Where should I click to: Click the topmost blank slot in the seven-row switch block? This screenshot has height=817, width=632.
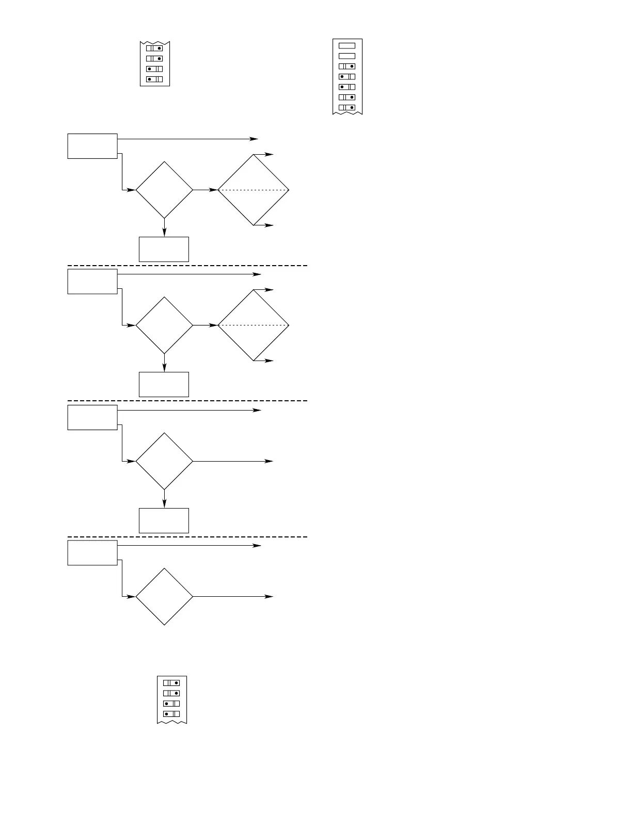click(x=346, y=45)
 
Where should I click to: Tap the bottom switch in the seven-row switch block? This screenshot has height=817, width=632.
click(x=346, y=107)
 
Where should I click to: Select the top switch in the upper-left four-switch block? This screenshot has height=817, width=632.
click(x=154, y=48)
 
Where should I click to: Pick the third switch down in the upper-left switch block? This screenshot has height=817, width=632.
click(x=154, y=69)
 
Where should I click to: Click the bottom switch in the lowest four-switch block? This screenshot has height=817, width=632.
click(x=171, y=714)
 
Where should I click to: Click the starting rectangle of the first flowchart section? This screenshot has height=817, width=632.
click(x=92, y=146)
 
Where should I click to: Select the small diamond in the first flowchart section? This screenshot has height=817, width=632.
click(x=164, y=190)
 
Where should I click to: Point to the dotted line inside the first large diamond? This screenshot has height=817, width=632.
click(x=254, y=190)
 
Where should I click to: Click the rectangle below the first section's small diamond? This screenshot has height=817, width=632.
click(x=164, y=249)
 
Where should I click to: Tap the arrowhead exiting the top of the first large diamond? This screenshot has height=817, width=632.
click(x=270, y=154)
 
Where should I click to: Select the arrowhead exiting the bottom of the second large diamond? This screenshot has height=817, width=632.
click(x=270, y=361)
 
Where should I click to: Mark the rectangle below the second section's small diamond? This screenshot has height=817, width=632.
click(x=164, y=384)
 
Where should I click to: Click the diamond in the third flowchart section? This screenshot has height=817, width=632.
click(x=164, y=461)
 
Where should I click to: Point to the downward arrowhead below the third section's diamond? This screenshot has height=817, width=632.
click(x=164, y=504)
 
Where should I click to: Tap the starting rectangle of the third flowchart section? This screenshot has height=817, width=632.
click(x=92, y=417)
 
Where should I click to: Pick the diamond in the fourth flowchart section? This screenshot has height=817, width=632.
click(x=164, y=597)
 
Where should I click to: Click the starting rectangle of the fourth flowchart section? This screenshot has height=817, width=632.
click(x=92, y=552)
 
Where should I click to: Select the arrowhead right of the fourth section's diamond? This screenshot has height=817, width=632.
click(x=270, y=597)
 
